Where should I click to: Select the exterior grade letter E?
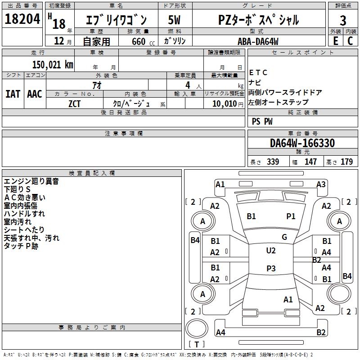point(335,40)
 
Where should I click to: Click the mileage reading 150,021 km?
point(53,64)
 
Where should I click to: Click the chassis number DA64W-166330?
point(302,143)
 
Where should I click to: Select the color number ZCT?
point(75,103)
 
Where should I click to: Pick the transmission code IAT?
point(13,94)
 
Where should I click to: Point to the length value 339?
point(273,162)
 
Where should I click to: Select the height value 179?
point(346,162)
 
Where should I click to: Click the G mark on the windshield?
point(284,237)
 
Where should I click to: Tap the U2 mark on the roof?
point(270,250)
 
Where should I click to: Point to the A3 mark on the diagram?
point(321,184)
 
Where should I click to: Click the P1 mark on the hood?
point(291,216)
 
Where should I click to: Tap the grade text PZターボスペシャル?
point(258,20)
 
